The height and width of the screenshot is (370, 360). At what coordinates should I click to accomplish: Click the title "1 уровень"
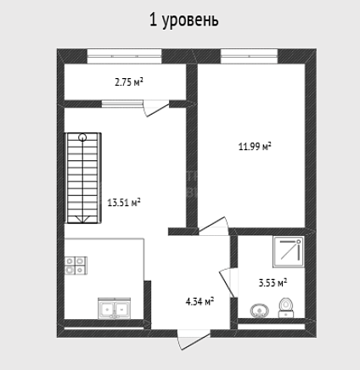pos(184,20)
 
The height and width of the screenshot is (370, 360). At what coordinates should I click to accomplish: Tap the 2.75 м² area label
pos(129,82)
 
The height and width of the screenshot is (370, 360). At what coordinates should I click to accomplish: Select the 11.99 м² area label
pos(255,147)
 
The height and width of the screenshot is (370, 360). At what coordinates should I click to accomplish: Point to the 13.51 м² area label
pos(124,203)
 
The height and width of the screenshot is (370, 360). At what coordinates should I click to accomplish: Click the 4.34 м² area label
pos(200,301)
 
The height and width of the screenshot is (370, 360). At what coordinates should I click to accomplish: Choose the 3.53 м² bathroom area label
pos(273,283)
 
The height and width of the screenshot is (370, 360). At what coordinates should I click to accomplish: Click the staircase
pos(83,178)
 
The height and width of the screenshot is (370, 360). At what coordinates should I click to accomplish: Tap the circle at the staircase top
pos(82,137)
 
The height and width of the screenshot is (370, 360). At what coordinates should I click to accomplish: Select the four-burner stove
pos(76,266)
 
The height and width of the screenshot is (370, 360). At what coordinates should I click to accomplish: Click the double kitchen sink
pos(114,308)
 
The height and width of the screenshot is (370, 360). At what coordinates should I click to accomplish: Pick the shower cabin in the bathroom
pos(289,251)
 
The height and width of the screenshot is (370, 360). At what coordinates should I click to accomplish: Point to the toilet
pos(286,308)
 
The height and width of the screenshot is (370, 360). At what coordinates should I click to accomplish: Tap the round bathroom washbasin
pos(260,311)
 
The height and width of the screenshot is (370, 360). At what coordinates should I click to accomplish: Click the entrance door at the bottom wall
pos(194,339)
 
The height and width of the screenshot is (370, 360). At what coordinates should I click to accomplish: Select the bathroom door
pos(228,283)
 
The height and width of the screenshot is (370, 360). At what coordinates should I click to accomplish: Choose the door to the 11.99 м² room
pos(213,226)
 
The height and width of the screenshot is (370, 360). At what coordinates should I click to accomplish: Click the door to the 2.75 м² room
pos(155,108)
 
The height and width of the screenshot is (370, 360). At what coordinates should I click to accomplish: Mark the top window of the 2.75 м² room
pos(124,56)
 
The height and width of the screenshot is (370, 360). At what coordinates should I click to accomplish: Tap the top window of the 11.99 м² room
pos(249,56)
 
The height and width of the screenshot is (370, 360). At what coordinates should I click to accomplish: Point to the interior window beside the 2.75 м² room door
pos(121,104)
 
